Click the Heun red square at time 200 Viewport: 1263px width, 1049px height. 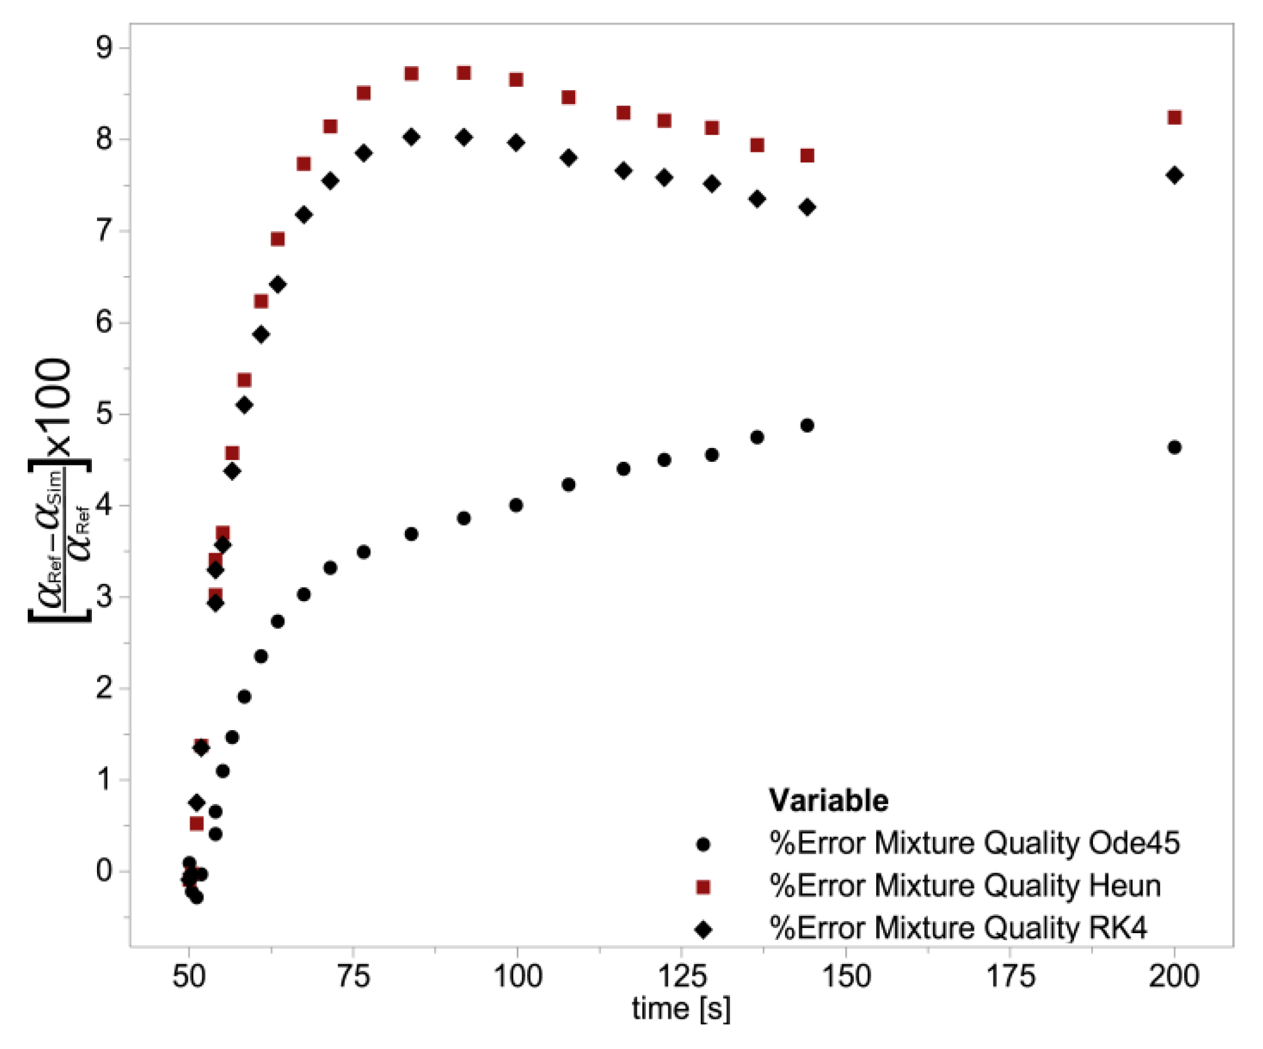(1174, 117)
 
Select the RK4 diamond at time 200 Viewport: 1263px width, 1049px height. (1174, 175)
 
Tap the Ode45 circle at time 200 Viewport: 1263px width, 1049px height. (1174, 447)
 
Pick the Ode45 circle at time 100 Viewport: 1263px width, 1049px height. (516, 505)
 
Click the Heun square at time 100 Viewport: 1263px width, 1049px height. (516, 79)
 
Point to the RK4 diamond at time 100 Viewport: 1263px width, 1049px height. (516, 142)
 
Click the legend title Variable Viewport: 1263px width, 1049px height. (828, 801)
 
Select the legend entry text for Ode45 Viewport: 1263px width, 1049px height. (974, 843)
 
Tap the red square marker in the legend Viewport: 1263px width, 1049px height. (703, 887)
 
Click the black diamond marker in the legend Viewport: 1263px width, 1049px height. (703, 930)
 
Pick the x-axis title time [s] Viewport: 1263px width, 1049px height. (681, 1009)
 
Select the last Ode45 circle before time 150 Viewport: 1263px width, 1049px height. (807, 425)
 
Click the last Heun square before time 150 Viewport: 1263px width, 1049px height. (807, 155)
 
